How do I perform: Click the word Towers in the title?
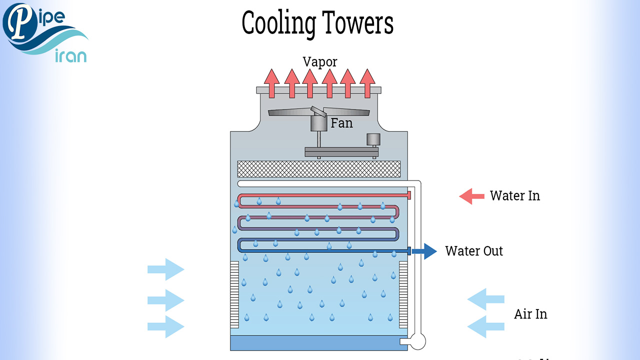(357, 23)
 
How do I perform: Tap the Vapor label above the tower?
(320, 62)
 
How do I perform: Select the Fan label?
(341, 123)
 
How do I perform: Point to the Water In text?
(514, 195)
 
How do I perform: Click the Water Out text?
(474, 250)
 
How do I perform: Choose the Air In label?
(530, 314)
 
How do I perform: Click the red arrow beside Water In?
(471, 196)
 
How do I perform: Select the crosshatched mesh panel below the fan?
(319, 169)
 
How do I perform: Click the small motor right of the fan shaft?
(373, 139)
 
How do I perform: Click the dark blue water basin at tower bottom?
(319, 343)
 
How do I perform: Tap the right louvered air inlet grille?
(403, 294)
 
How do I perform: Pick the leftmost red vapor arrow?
(272, 82)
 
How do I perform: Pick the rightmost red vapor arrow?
(367, 82)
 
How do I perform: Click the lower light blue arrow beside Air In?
(485, 326)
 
